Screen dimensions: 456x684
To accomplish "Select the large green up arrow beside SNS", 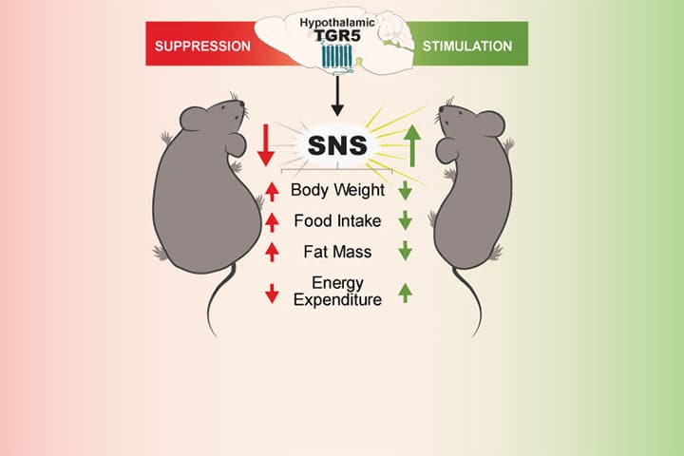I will point(410,145).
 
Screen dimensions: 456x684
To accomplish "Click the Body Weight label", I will point(337,190).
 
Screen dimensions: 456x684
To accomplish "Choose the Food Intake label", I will point(337,221).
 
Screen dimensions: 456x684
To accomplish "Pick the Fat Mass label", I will point(337,252).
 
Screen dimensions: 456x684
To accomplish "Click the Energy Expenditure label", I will point(337,291).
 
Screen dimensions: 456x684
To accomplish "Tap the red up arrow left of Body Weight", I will point(273,191).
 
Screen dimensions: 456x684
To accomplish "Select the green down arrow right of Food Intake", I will point(405,221).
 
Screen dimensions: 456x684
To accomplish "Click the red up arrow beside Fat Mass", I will point(273,252).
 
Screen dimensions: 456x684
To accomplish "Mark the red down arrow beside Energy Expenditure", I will point(273,292).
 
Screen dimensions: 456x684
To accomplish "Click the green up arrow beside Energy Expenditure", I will point(405,292).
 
